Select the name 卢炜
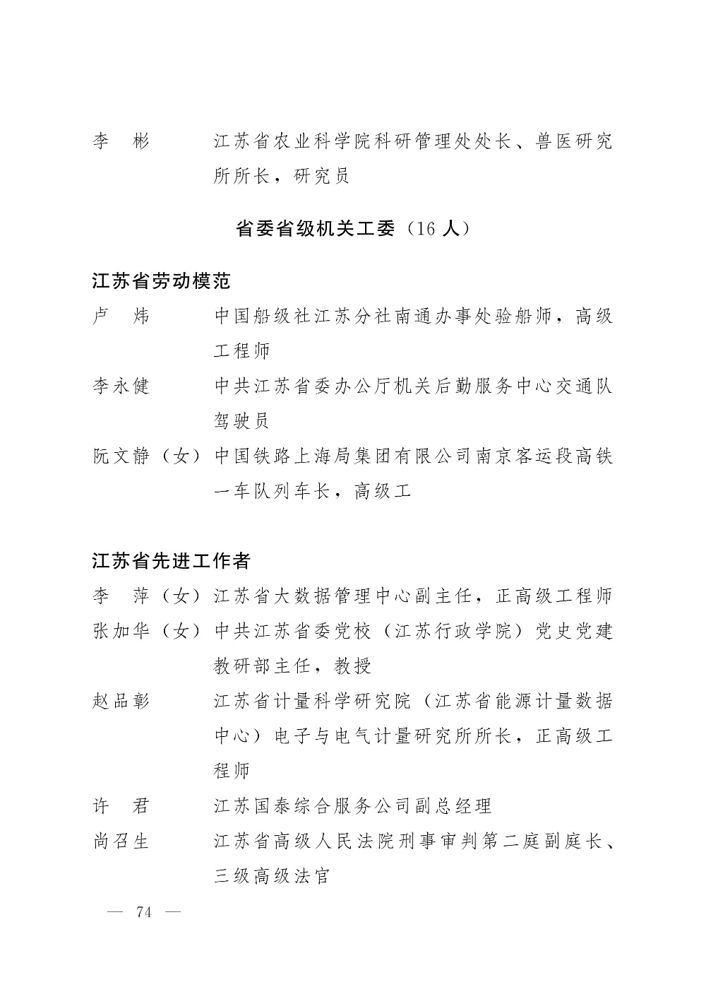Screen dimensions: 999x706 (x=121, y=317)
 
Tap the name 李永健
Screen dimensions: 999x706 (x=121, y=386)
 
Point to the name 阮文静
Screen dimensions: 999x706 (x=121, y=456)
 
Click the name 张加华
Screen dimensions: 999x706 (x=121, y=631)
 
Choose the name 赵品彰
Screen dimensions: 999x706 (x=121, y=702)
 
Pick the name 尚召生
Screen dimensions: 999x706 (x=121, y=841)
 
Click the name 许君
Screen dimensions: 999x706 (x=121, y=806)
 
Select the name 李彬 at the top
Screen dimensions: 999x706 (x=121, y=142)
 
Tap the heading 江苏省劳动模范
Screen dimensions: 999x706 (x=162, y=282)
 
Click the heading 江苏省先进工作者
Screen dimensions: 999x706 (x=172, y=562)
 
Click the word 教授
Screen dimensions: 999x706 (x=352, y=666)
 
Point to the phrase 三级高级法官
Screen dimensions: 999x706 (x=272, y=876)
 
